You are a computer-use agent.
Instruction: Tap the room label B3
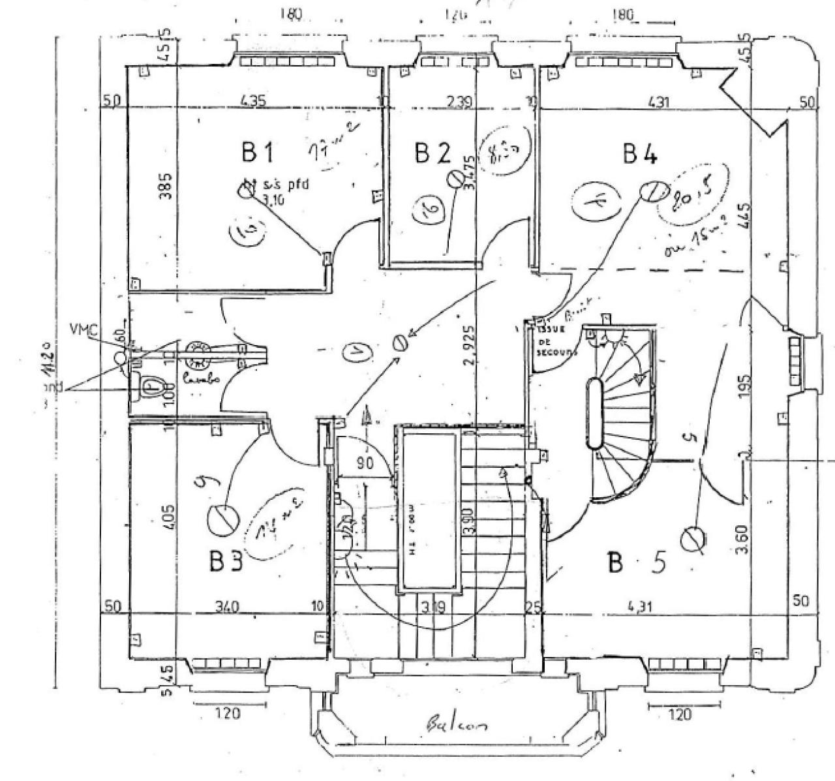[x=226, y=561]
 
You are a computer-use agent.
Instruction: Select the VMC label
[x=83, y=330]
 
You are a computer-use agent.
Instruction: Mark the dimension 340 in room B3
[x=226, y=607]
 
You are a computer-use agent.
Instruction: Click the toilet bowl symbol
[x=150, y=388]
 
